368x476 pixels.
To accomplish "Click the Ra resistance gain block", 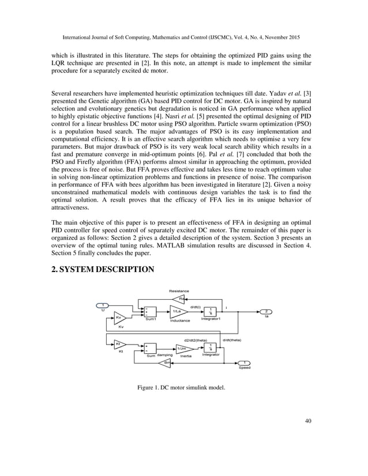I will point(181,299).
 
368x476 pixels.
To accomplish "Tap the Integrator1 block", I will point(211,311).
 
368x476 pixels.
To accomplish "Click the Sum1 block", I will point(150,312).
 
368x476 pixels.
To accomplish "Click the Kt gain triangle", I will point(119,344).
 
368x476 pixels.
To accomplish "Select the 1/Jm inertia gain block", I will point(183,348).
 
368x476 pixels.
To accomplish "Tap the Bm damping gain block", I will point(166,362).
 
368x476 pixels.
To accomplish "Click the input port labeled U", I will point(102,305).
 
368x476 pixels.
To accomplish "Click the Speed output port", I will point(245,363).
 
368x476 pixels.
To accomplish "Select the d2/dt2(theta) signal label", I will point(195,340).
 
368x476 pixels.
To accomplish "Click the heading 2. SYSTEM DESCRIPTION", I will point(103,269).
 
